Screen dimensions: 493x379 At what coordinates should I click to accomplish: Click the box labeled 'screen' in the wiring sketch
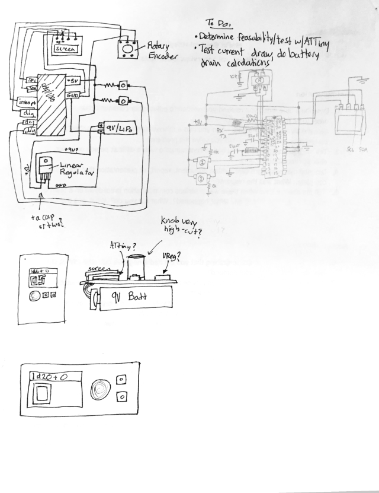65,50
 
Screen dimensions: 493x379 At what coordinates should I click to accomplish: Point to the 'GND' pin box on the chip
73,96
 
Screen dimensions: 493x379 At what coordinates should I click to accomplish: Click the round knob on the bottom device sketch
100,391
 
